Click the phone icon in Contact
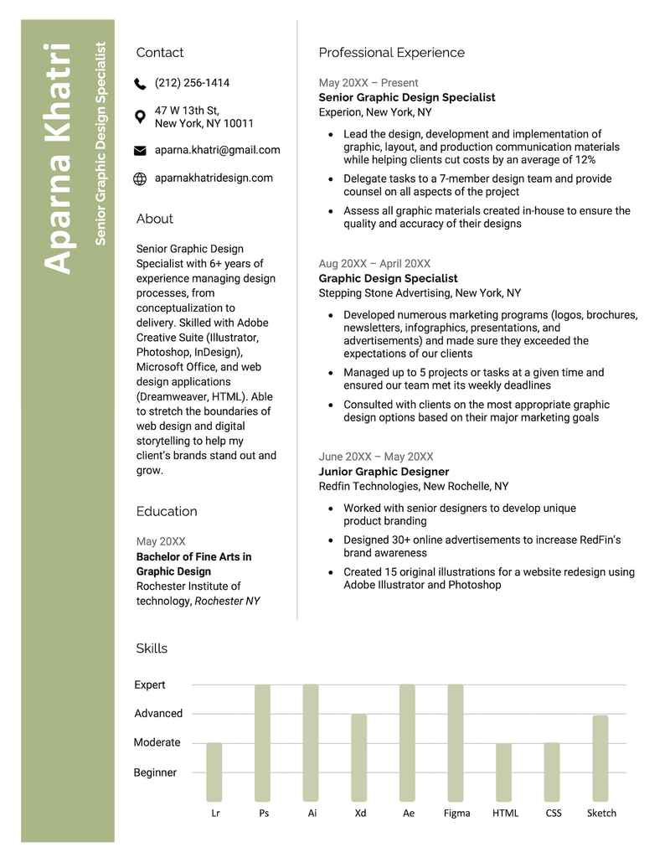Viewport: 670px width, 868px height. coord(140,84)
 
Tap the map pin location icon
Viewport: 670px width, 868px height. coord(140,116)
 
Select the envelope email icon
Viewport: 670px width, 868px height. coord(140,151)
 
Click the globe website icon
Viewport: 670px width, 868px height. coord(140,178)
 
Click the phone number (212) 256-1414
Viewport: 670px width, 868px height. coord(192,83)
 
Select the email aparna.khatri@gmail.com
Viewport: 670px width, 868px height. coord(217,150)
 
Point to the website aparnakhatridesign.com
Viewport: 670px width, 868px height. coord(214,178)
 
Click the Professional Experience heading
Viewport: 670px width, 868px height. coord(391,53)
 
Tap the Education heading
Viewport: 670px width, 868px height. coord(167,511)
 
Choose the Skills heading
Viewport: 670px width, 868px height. coord(152,648)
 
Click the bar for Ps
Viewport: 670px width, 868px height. coord(263,743)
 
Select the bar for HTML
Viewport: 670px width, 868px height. coord(503,772)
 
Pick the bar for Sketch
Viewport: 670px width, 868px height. coord(600,758)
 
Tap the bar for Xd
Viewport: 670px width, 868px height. coord(359,758)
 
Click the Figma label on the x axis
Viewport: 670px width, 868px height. coord(456,813)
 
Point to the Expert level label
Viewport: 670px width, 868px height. coord(150,685)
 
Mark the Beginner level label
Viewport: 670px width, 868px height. coord(155,772)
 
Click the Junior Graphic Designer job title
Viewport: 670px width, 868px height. coord(384,472)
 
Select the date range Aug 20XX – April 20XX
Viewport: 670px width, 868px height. coord(374,263)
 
